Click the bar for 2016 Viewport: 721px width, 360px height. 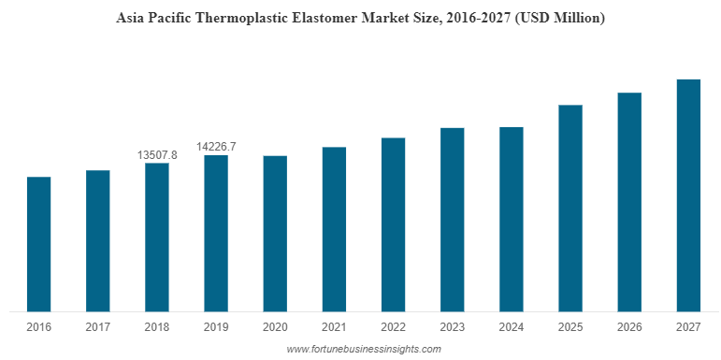[38, 244]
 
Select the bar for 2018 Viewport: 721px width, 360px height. [157, 238]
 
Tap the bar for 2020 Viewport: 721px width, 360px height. [275, 234]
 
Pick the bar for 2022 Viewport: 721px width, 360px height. [393, 224]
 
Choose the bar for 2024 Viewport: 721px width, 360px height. [512, 219]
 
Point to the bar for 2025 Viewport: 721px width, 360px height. [570, 208]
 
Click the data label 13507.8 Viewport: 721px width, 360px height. [157, 154]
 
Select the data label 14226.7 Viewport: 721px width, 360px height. [216, 146]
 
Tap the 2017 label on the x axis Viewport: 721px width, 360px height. [97, 327]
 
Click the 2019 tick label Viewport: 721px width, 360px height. [216, 327]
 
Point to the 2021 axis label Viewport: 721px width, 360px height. [334, 327]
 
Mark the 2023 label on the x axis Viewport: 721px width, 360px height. [453, 327]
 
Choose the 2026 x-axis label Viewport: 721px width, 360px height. [629, 327]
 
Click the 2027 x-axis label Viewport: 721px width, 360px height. [688, 327]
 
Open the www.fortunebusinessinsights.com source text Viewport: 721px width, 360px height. [363, 349]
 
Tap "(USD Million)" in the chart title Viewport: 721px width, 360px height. [557, 18]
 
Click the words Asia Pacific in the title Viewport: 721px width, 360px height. [150, 18]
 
